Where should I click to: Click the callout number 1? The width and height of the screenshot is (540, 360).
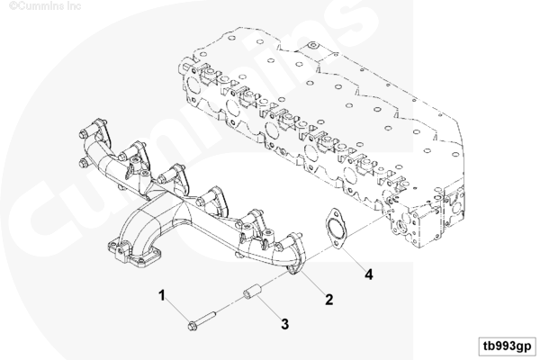tap(161, 295)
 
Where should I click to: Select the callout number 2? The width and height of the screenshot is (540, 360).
tap(329, 300)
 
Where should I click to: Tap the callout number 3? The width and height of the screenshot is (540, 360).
tap(284, 324)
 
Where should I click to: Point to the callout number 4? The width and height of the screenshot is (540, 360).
tap(369, 274)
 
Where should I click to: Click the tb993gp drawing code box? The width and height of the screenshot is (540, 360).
tap(508, 346)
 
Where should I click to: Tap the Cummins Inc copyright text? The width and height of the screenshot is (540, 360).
tap(45, 5)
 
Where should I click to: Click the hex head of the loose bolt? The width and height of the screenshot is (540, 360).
tap(193, 326)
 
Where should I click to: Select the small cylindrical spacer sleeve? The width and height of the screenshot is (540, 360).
tap(252, 292)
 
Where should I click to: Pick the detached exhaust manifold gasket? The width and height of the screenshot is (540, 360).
tap(334, 229)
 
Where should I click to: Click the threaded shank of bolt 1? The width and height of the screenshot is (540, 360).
tap(206, 318)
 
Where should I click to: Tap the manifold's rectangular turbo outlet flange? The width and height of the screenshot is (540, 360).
tap(134, 255)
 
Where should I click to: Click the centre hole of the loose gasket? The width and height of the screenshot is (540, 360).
tap(334, 229)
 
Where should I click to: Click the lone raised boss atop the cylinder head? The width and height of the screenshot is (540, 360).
tap(313, 45)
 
